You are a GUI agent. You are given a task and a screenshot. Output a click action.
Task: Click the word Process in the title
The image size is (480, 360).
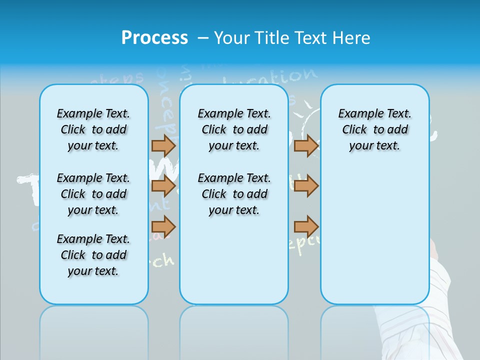[154, 38]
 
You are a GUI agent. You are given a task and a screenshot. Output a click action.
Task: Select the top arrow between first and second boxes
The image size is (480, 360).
[163, 145]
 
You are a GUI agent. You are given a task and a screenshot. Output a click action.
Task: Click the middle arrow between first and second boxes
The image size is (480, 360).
[163, 186]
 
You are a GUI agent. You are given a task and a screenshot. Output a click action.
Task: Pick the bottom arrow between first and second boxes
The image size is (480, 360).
[163, 227]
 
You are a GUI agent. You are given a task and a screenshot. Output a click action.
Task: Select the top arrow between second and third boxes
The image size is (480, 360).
[306, 145]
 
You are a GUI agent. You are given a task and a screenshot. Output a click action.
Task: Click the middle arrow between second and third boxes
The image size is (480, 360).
[306, 186]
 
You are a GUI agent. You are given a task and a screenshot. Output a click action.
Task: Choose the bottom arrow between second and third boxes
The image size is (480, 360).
[306, 227]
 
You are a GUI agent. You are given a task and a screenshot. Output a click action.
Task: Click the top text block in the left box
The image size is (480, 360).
[93, 129]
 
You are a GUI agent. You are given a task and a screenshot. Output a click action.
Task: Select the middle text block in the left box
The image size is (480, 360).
[93, 194]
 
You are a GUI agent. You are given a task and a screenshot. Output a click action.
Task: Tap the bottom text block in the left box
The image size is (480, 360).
[93, 255]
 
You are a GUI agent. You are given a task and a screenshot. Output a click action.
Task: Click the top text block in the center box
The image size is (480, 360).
[234, 129]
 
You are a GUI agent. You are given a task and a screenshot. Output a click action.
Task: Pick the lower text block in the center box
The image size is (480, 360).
[234, 194]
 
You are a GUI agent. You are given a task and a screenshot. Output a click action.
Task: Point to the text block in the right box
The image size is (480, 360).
[375, 129]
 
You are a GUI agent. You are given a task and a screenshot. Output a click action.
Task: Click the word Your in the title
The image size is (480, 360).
[232, 38]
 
